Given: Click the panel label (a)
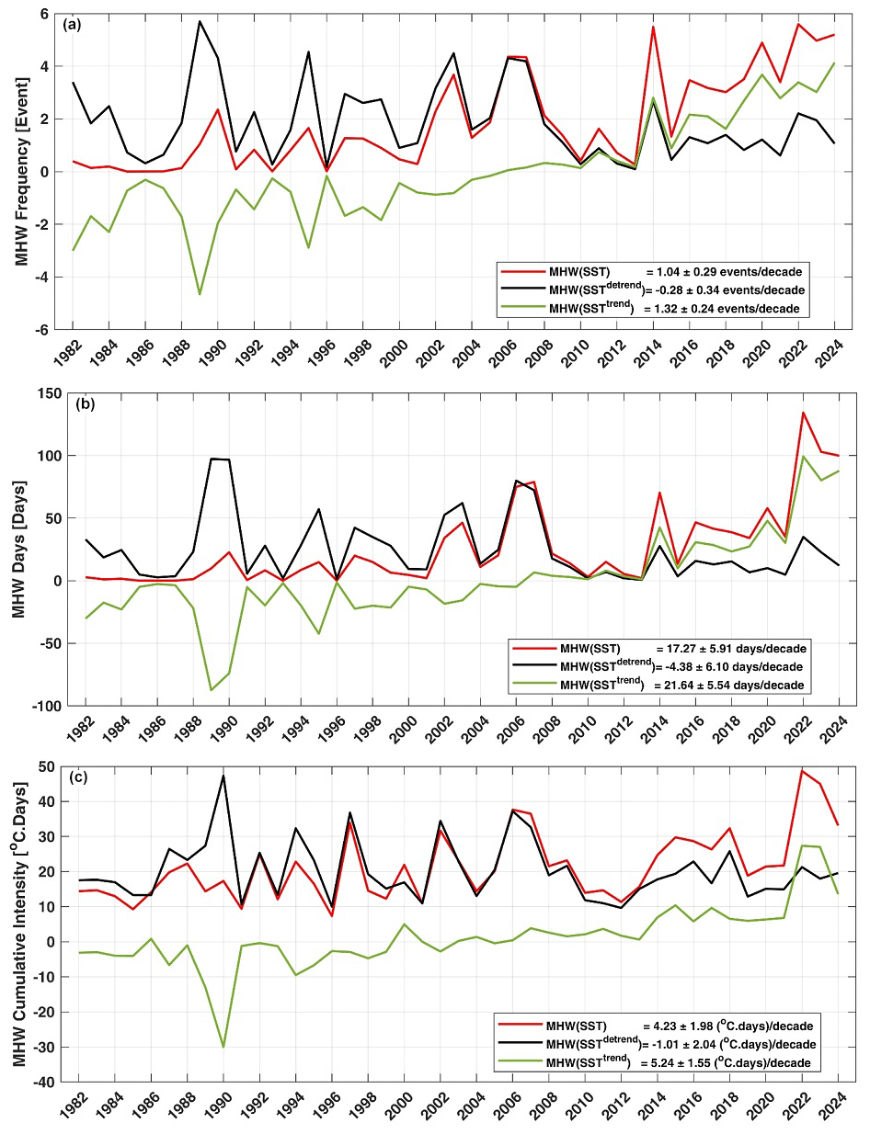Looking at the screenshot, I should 72,24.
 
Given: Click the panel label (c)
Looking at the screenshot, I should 72,777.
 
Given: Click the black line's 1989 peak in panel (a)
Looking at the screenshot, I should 200,21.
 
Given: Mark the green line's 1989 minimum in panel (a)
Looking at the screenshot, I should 200,294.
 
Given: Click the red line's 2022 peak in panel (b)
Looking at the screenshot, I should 778,413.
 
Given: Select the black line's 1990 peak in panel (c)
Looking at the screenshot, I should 223,776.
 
